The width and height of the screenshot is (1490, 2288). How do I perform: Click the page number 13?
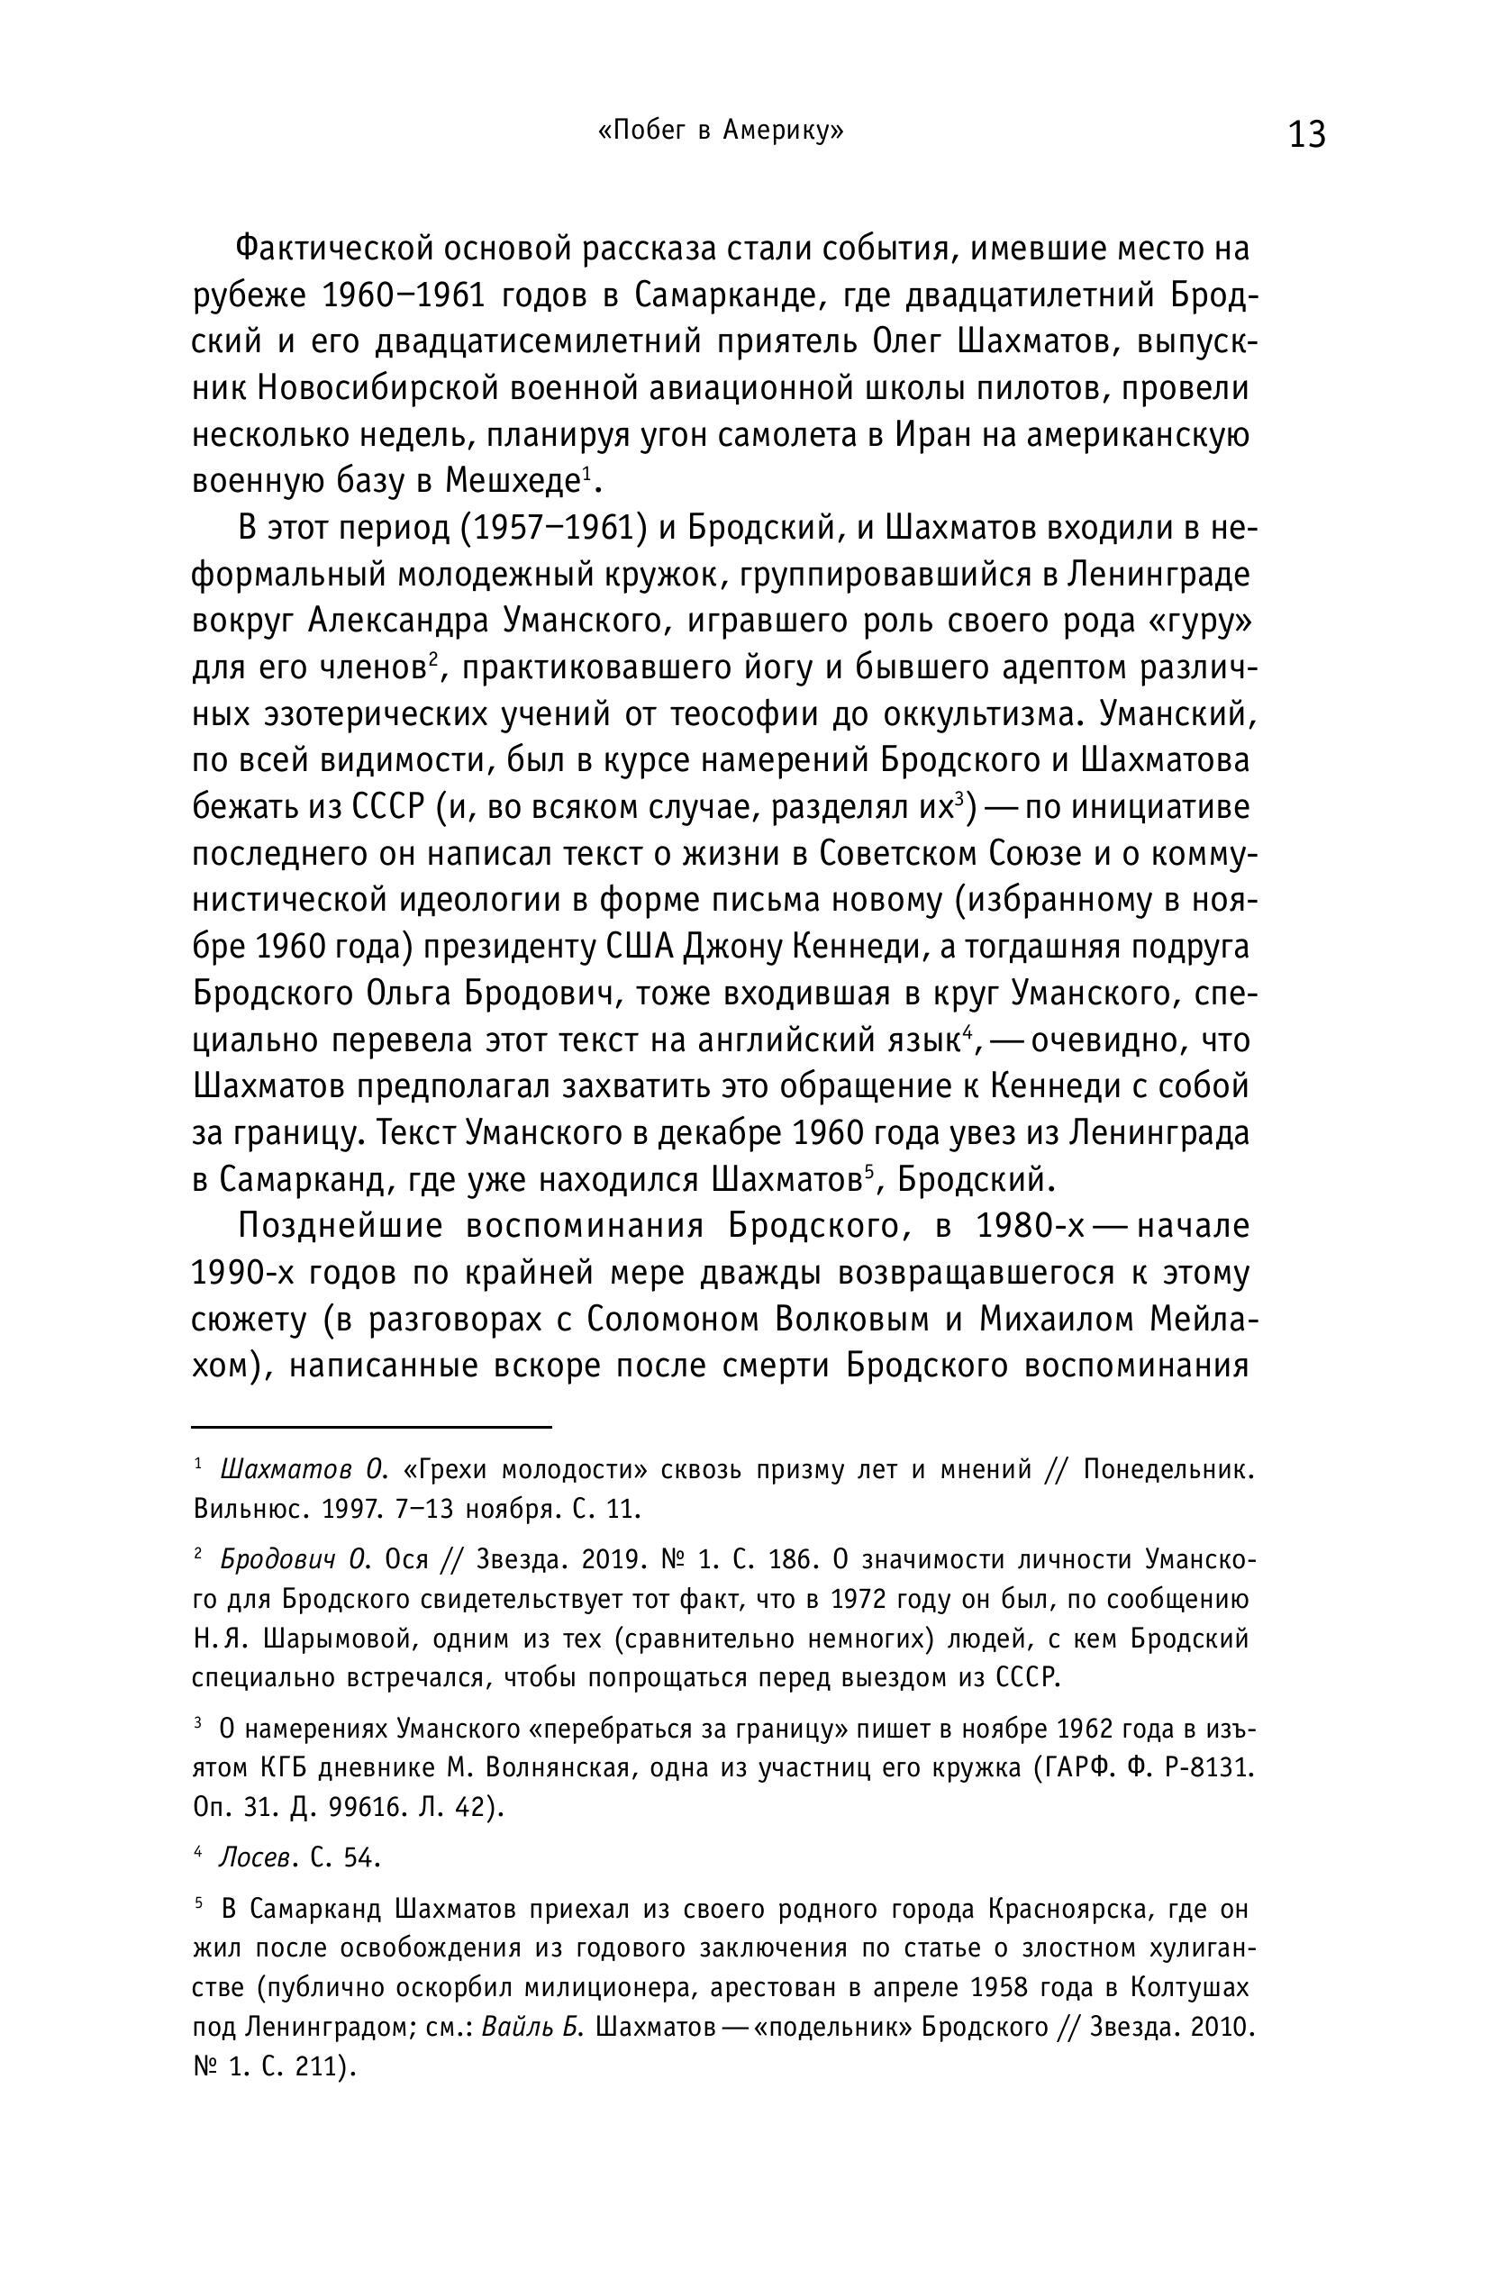point(1306,134)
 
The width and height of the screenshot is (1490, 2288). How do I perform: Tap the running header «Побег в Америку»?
point(720,131)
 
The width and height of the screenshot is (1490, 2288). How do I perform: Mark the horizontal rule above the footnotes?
point(371,1428)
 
